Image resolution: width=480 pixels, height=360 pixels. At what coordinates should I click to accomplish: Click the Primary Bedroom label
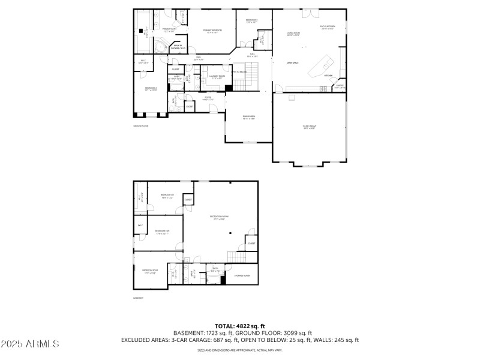(212, 31)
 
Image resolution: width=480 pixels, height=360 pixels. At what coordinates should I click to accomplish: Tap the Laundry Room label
(218, 77)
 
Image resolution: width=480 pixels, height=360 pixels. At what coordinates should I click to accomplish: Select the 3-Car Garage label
(310, 127)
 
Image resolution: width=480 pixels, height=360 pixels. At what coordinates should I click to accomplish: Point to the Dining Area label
(249, 117)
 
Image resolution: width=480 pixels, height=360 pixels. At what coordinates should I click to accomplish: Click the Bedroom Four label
(150, 271)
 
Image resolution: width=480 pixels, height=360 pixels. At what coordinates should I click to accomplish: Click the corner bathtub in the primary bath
(160, 47)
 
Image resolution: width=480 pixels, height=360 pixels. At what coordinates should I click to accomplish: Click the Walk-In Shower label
(178, 47)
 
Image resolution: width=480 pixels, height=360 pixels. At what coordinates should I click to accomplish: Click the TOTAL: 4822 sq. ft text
(240, 326)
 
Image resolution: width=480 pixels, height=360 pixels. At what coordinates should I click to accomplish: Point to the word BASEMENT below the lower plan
(139, 298)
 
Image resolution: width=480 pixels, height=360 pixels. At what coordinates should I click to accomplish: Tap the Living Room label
(293, 34)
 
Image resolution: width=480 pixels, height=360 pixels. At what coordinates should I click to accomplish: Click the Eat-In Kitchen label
(327, 28)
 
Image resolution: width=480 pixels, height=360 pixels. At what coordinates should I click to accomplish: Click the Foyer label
(208, 98)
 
